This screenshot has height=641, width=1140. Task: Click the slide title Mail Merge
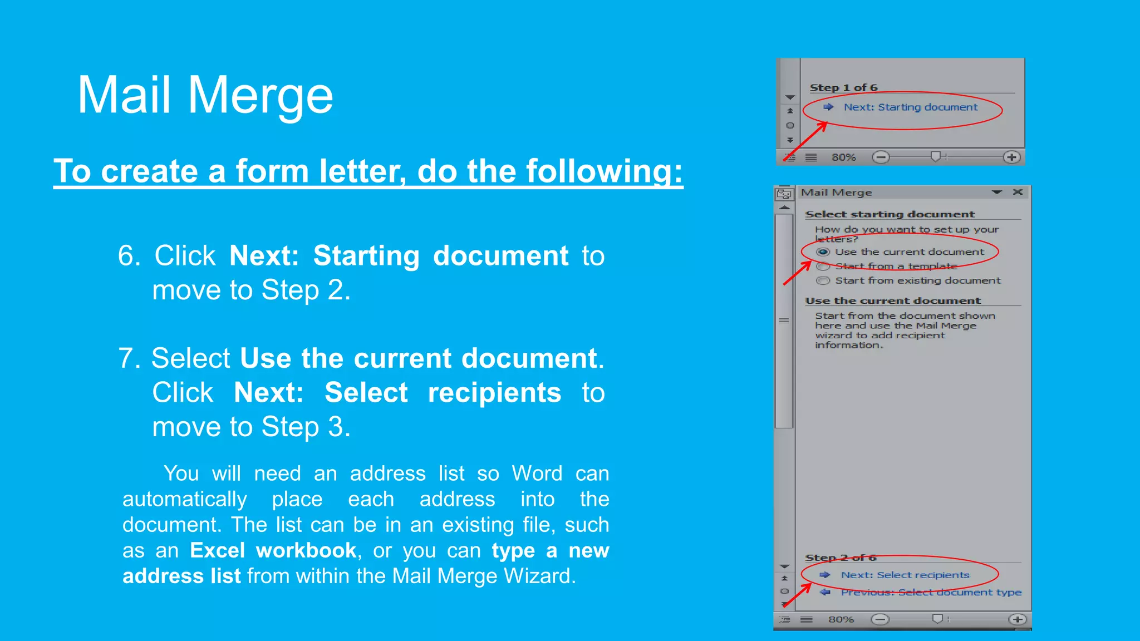[x=205, y=95]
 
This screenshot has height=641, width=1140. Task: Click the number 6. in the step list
[x=129, y=256]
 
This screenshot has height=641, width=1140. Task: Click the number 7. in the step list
[x=129, y=358]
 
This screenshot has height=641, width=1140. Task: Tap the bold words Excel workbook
[x=273, y=550]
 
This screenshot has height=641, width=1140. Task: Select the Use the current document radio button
[x=823, y=252]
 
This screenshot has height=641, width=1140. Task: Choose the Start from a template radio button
[x=823, y=267]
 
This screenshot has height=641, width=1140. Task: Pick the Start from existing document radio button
[x=823, y=281]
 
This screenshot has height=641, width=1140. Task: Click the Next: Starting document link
[x=910, y=107]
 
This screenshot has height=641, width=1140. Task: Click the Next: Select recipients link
[x=905, y=575]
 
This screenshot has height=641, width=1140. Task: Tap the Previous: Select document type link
[x=931, y=593]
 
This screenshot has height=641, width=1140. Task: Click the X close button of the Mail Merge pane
[x=1018, y=193]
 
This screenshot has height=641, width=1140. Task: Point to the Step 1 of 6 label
[x=843, y=88]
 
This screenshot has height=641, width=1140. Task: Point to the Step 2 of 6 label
[x=841, y=558]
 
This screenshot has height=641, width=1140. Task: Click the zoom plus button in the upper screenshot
[x=1011, y=157]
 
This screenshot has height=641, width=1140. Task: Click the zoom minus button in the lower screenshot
[x=880, y=620]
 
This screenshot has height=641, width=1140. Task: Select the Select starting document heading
[x=890, y=214]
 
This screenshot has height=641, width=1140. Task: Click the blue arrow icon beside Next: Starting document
[x=828, y=107]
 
